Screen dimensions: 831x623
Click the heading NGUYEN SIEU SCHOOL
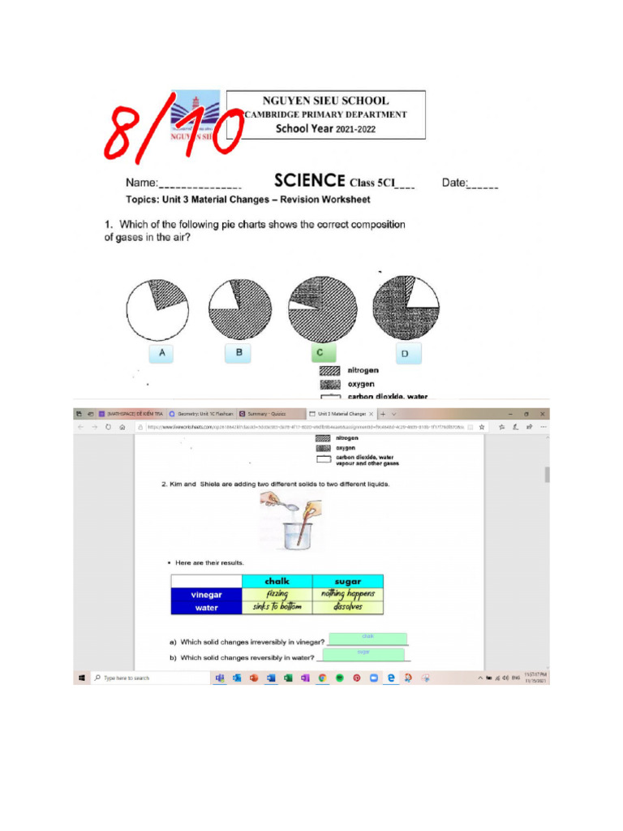tap(325, 101)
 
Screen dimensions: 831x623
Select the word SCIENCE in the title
tap(310, 181)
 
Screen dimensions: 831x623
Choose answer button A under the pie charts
tap(162, 353)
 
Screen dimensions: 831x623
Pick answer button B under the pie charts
tap(238, 353)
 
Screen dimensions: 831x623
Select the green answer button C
tap(321, 353)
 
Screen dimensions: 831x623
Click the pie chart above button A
tap(157, 309)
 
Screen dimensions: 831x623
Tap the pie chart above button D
tap(406, 309)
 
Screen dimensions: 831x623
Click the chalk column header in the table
tap(277, 581)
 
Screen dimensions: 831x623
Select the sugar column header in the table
tap(347, 581)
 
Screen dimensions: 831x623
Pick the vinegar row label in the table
tap(206, 594)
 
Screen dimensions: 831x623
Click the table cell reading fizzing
tap(277, 594)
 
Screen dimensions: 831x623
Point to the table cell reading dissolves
tap(347, 607)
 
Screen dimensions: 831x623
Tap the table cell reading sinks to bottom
tap(277, 607)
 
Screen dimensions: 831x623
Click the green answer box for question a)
tap(367, 639)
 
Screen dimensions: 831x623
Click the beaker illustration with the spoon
tap(290, 523)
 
